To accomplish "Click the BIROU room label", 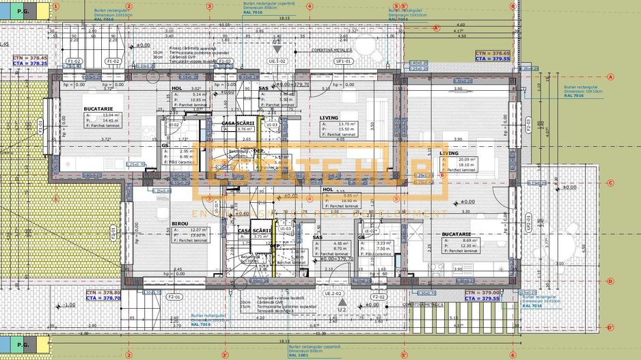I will coord(180,223).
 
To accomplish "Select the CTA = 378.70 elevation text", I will coord(103,299).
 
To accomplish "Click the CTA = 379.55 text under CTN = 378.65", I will coord(493,59).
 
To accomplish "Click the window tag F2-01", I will coord(175,298).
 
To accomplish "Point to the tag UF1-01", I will coord(343,61).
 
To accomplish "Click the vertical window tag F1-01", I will coord(40,126).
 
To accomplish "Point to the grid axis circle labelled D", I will coord(609,327).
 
